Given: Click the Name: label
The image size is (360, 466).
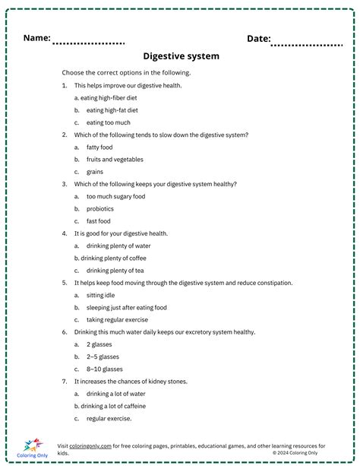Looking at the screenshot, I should [x=36, y=37].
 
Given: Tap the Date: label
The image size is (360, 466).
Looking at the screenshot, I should [x=258, y=38].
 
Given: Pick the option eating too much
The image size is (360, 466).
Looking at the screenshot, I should [x=108, y=122].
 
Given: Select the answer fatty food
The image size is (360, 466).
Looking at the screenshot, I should [x=99, y=147].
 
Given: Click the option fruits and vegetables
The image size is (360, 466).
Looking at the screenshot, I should [x=115, y=160].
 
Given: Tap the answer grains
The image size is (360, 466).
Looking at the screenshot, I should [x=95, y=172].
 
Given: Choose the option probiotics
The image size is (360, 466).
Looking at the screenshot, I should [x=100, y=208].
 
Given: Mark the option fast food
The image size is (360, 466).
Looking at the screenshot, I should [x=99, y=221].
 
